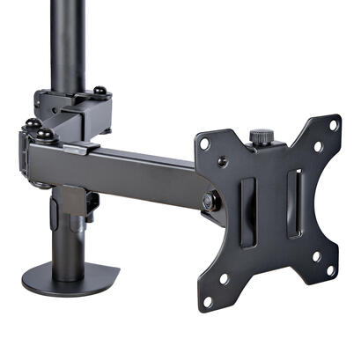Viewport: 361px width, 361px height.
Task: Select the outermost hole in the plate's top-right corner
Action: coord(333,125)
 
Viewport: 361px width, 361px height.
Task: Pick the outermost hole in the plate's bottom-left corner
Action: coord(208,303)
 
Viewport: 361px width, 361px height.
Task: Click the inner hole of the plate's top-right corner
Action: coord(318,147)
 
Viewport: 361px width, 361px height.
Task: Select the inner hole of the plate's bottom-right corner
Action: coord(315,256)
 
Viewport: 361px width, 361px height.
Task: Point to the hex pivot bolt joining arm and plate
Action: coord(209,201)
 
